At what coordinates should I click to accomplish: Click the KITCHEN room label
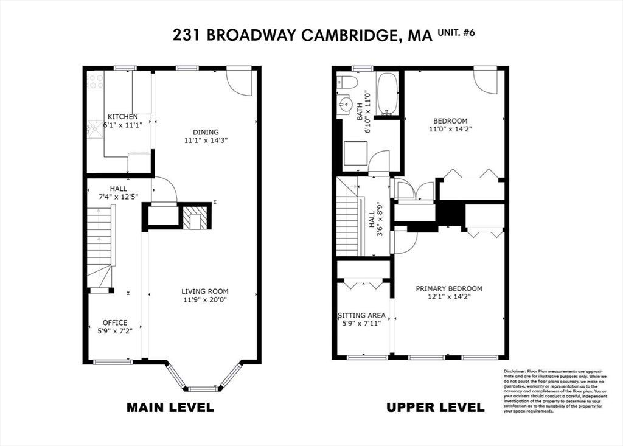(123, 117)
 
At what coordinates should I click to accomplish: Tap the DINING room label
(206, 132)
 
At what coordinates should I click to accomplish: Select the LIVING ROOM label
(205, 291)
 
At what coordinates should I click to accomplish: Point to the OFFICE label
(115, 322)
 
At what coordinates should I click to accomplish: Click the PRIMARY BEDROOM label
(449, 288)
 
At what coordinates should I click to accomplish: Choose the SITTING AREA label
(361, 315)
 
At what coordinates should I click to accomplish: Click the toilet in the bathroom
(347, 82)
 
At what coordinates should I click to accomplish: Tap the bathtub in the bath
(387, 94)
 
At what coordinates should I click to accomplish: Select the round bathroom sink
(346, 105)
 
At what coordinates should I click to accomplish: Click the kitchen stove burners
(96, 81)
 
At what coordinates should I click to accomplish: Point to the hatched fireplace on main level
(195, 217)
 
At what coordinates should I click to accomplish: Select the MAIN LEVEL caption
(170, 408)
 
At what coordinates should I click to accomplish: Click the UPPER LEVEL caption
(436, 408)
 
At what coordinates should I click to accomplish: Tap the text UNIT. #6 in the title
(456, 33)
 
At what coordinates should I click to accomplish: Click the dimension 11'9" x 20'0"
(205, 300)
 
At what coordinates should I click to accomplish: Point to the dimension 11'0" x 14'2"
(450, 129)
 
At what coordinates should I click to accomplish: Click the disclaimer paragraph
(555, 391)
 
